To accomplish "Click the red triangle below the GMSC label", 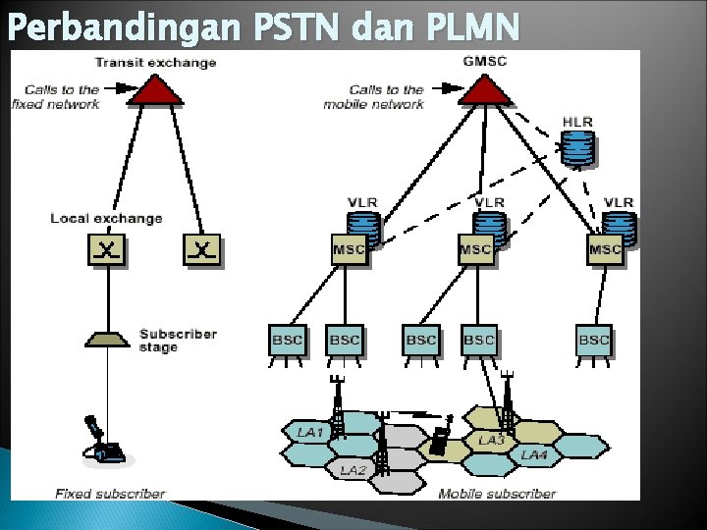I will coord(485,90).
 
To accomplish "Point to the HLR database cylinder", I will coord(579,148).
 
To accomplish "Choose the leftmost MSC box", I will coord(349,250).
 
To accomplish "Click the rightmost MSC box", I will coord(606,250).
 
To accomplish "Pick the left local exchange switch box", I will coord(107,251).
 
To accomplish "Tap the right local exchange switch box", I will coord(201,251).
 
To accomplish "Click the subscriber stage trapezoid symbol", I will coord(107,339).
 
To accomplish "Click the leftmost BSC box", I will coord(287,341).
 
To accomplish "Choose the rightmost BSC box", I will coord(594,341).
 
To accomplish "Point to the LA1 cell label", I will coord(309,432).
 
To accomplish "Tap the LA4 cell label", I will coord(535,455).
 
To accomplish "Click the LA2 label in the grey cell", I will coord(353,471).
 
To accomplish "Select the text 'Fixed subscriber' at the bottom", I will coord(109,494).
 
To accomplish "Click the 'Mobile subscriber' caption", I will coord(497,494).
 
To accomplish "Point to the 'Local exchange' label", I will coord(106,218).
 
